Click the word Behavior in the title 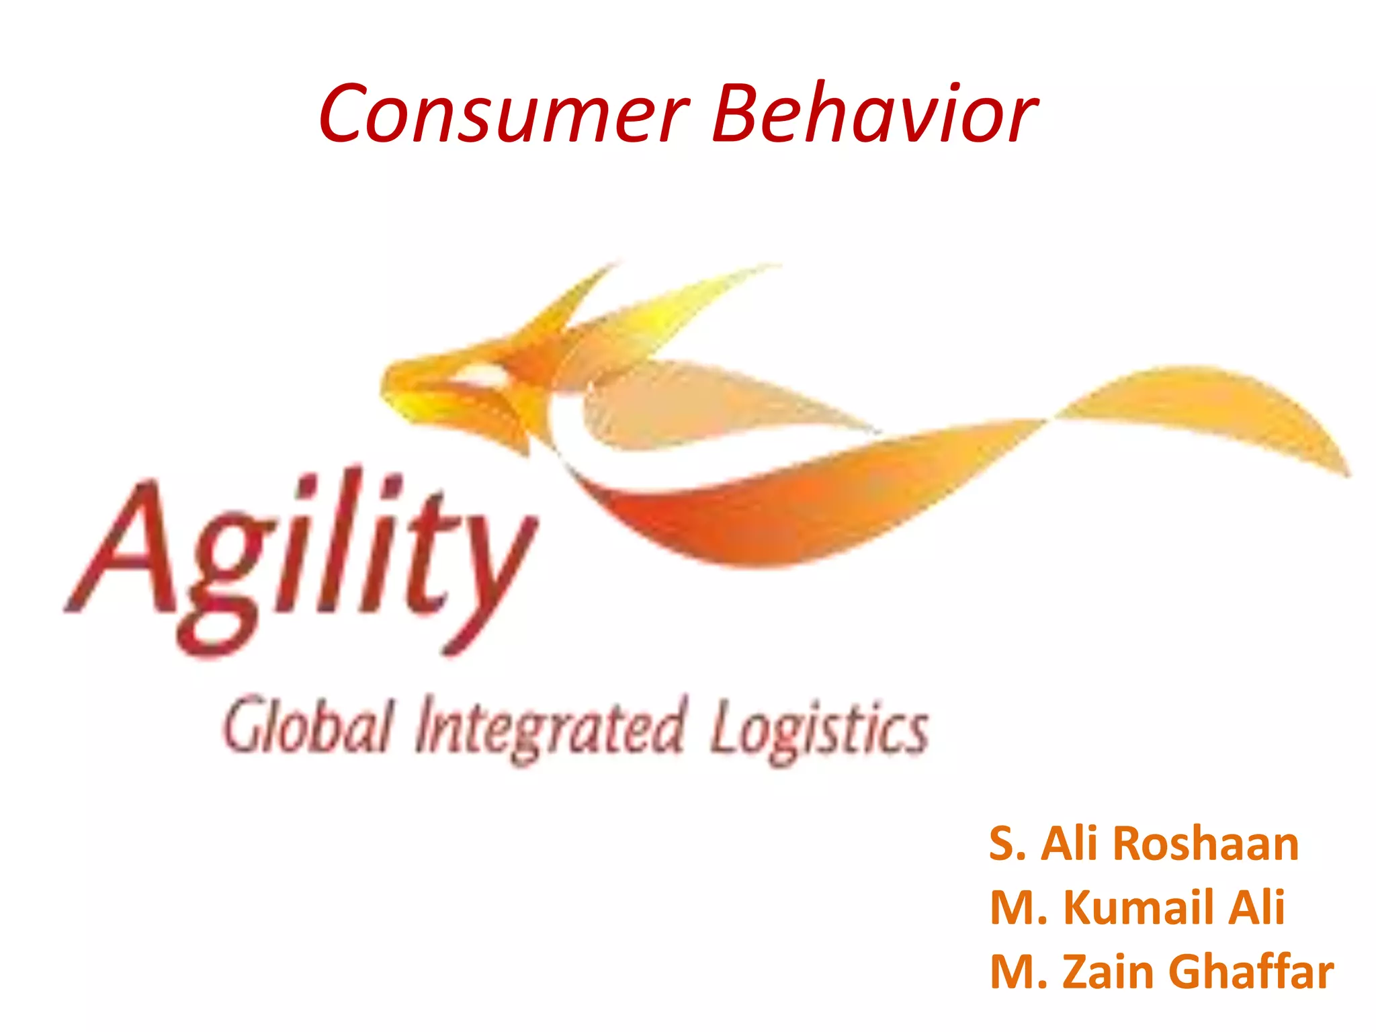(x=874, y=113)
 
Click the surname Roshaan (x=1205, y=843)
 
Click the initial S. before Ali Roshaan (x=1006, y=843)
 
